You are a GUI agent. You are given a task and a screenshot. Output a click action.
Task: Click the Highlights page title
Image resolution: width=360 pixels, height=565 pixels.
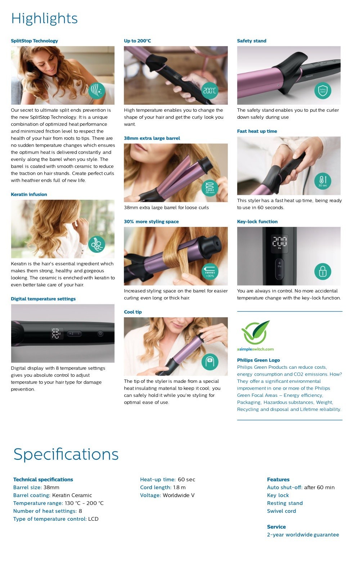click(44, 19)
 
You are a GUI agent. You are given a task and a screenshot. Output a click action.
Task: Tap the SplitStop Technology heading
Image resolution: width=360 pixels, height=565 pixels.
click(34, 41)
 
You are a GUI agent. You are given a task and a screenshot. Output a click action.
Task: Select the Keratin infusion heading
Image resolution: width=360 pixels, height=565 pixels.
click(29, 194)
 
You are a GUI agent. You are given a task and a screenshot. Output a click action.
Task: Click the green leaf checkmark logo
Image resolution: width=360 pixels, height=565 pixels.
click(255, 332)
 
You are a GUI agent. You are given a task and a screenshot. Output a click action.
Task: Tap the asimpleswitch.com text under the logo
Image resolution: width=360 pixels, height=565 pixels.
click(255, 349)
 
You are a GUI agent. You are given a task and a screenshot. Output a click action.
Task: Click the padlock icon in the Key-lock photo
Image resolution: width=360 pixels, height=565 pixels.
click(323, 272)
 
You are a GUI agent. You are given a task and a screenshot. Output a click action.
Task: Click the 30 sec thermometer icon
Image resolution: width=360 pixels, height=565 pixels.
click(323, 181)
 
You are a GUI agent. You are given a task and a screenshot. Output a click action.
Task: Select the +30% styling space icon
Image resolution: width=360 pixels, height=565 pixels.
click(210, 272)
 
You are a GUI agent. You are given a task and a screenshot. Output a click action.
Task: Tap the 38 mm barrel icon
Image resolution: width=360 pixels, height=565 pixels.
click(210, 188)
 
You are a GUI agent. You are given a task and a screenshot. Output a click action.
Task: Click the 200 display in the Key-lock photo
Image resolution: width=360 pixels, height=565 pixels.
click(279, 241)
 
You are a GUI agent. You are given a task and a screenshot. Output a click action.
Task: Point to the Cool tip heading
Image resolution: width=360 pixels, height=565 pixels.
click(133, 312)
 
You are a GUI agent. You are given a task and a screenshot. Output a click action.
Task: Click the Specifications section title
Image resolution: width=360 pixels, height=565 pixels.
click(66, 454)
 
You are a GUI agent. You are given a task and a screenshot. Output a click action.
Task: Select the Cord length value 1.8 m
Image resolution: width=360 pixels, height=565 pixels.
click(179, 487)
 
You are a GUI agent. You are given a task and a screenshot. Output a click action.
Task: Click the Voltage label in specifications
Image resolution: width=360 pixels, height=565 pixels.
click(150, 495)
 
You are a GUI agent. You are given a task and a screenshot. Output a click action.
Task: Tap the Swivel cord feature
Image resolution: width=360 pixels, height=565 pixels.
click(281, 511)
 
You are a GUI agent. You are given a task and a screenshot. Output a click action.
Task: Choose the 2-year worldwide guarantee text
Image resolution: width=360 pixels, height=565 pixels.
click(303, 535)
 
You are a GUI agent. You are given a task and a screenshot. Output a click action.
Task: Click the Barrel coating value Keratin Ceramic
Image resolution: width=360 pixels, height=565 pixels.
click(72, 495)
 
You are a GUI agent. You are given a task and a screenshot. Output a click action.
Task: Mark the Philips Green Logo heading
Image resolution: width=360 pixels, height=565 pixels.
click(258, 360)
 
